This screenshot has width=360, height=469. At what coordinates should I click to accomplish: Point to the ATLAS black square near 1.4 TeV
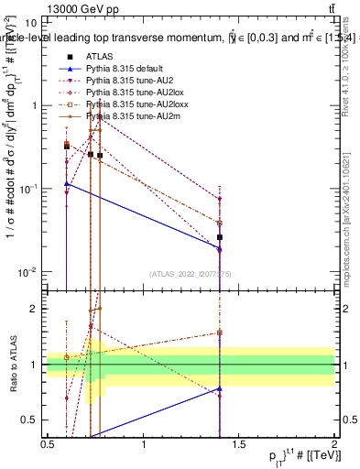tap(220, 237)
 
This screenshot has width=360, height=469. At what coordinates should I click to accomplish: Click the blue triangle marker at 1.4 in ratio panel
tap(220, 388)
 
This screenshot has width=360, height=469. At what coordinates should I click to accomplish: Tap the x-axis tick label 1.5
tap(239, 444)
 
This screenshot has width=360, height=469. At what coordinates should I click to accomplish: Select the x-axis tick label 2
tap(334, 444)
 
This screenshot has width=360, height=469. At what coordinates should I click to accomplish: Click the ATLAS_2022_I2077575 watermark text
tap(191, 274)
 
